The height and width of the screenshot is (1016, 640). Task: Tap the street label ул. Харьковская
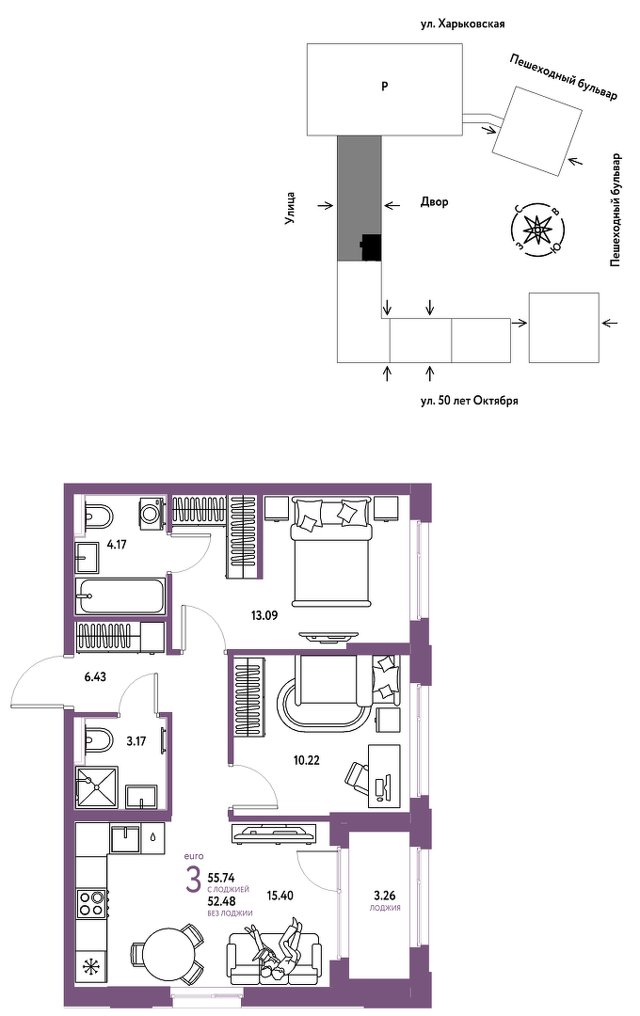462,24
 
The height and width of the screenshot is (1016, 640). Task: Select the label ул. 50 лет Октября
469,401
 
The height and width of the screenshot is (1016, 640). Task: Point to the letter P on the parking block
385,87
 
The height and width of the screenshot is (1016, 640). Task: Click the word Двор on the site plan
435,202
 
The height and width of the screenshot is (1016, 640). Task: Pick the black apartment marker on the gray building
371,246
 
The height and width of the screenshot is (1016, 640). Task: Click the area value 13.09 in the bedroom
264,615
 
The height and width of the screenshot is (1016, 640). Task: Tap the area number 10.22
307,760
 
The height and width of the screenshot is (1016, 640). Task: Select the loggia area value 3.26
385,897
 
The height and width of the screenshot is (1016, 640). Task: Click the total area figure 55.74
221,879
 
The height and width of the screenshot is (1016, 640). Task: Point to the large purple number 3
193,881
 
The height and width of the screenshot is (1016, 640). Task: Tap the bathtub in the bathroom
121,596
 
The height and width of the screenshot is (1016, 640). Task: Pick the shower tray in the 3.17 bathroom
97,787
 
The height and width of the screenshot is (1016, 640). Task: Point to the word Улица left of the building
291,208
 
